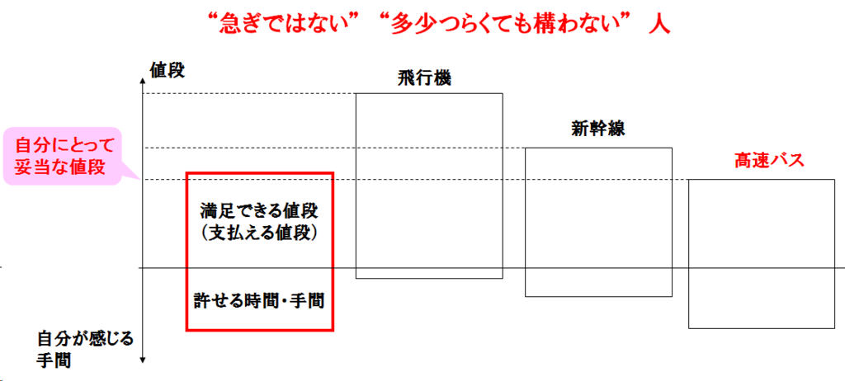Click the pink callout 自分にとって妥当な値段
pos(60,154)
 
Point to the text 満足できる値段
pos(259,211)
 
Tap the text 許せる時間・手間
pos(259,299)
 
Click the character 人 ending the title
pos(659,23)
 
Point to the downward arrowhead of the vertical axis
pos(144,360)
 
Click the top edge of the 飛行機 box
pos(428,94)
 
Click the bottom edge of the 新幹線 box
pos(598,296)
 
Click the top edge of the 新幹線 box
pos(598,148)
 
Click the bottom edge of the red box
pos(259,331)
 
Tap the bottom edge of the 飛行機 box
pos(428,278)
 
